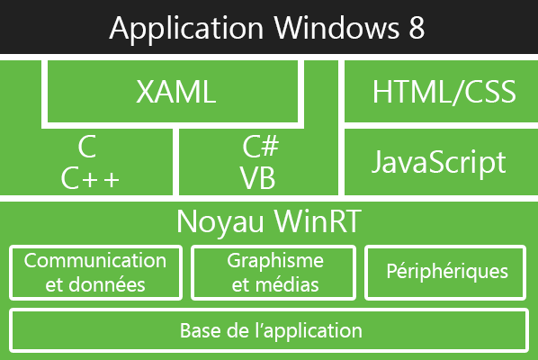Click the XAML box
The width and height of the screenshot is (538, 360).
[x=177, y=92]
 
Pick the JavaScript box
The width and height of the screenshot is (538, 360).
[x=439, y=162]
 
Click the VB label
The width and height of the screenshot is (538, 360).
[x=258, y=178]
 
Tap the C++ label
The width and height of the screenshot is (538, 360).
[x=90, y=178]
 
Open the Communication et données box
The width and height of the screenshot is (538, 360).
[x=94, y=274]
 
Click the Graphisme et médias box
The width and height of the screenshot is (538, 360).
[x=275, y=274]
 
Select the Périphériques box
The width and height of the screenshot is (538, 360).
[x=447, y=272]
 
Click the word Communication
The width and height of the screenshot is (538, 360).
[x=94, y=261]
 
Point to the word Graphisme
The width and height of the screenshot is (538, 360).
[x=275, y=261]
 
